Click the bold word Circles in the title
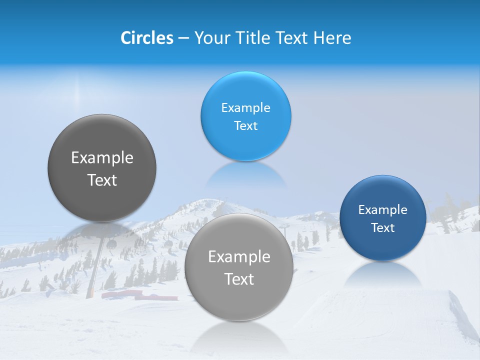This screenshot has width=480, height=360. click(146, 38)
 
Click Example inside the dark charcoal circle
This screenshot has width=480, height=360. click(102, 158)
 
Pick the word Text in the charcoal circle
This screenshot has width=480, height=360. click(102, 180)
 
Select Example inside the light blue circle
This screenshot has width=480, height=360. click(245, 108)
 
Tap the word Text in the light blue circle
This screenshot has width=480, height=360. click(245, 126)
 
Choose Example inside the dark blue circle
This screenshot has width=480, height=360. click(382, 210)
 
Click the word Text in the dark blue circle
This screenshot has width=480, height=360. click(382, 228)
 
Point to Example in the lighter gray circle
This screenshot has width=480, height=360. click(239, 257)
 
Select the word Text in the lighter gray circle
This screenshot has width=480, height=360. click(239, 279)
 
